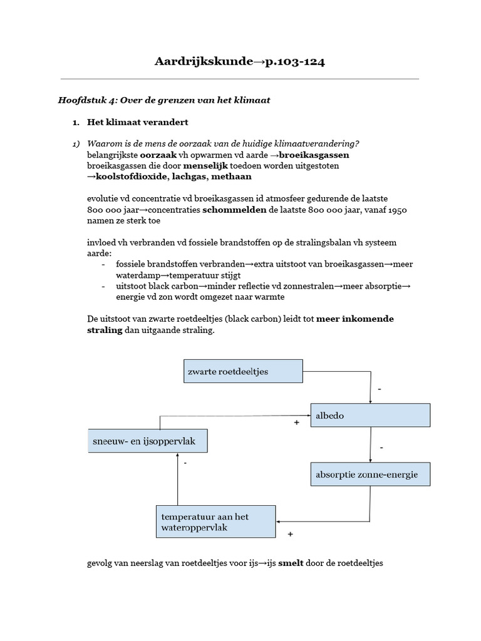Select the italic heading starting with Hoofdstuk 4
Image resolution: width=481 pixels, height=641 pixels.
tap(164, 100)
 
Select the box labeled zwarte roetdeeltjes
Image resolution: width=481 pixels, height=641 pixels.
tap(243, 371)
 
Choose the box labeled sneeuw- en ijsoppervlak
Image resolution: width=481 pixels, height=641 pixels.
tap(147, 441)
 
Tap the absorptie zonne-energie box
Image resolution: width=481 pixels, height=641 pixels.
tap(371, 474)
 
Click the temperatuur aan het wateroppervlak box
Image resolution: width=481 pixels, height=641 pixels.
tap(215, 521)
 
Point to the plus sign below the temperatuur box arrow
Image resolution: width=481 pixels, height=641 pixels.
tap(290, 535)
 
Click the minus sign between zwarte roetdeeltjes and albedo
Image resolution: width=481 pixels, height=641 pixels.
tap(379, 389)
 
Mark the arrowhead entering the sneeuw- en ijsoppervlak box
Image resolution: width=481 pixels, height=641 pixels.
tap(178, 455)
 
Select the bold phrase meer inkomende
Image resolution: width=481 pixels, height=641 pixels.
tap(355, 319)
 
